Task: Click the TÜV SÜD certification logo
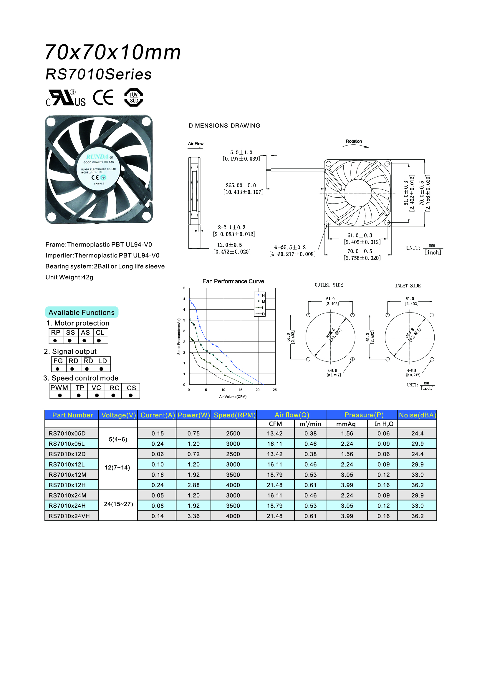(133, 98)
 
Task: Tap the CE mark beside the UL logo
(103, 98)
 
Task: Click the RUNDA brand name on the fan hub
(97, 157)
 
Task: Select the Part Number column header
(72, 415)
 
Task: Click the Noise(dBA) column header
(417, 415)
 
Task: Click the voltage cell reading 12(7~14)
(117, 467)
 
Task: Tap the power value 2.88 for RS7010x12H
(193, 485)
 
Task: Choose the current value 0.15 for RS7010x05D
(158, 433)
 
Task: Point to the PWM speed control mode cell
(59, 388)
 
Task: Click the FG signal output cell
(58, 361)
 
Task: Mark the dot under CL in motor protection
(99, 341)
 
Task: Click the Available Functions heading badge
(82, 312)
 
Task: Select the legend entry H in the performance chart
(263, 295)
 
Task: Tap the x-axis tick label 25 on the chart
(275, 390)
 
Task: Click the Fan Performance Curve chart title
(233, 281)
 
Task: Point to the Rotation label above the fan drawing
(354, 141)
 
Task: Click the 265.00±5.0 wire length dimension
(241, 186)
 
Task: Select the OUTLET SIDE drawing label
(329, 285)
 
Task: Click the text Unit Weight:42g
(69, 277)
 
